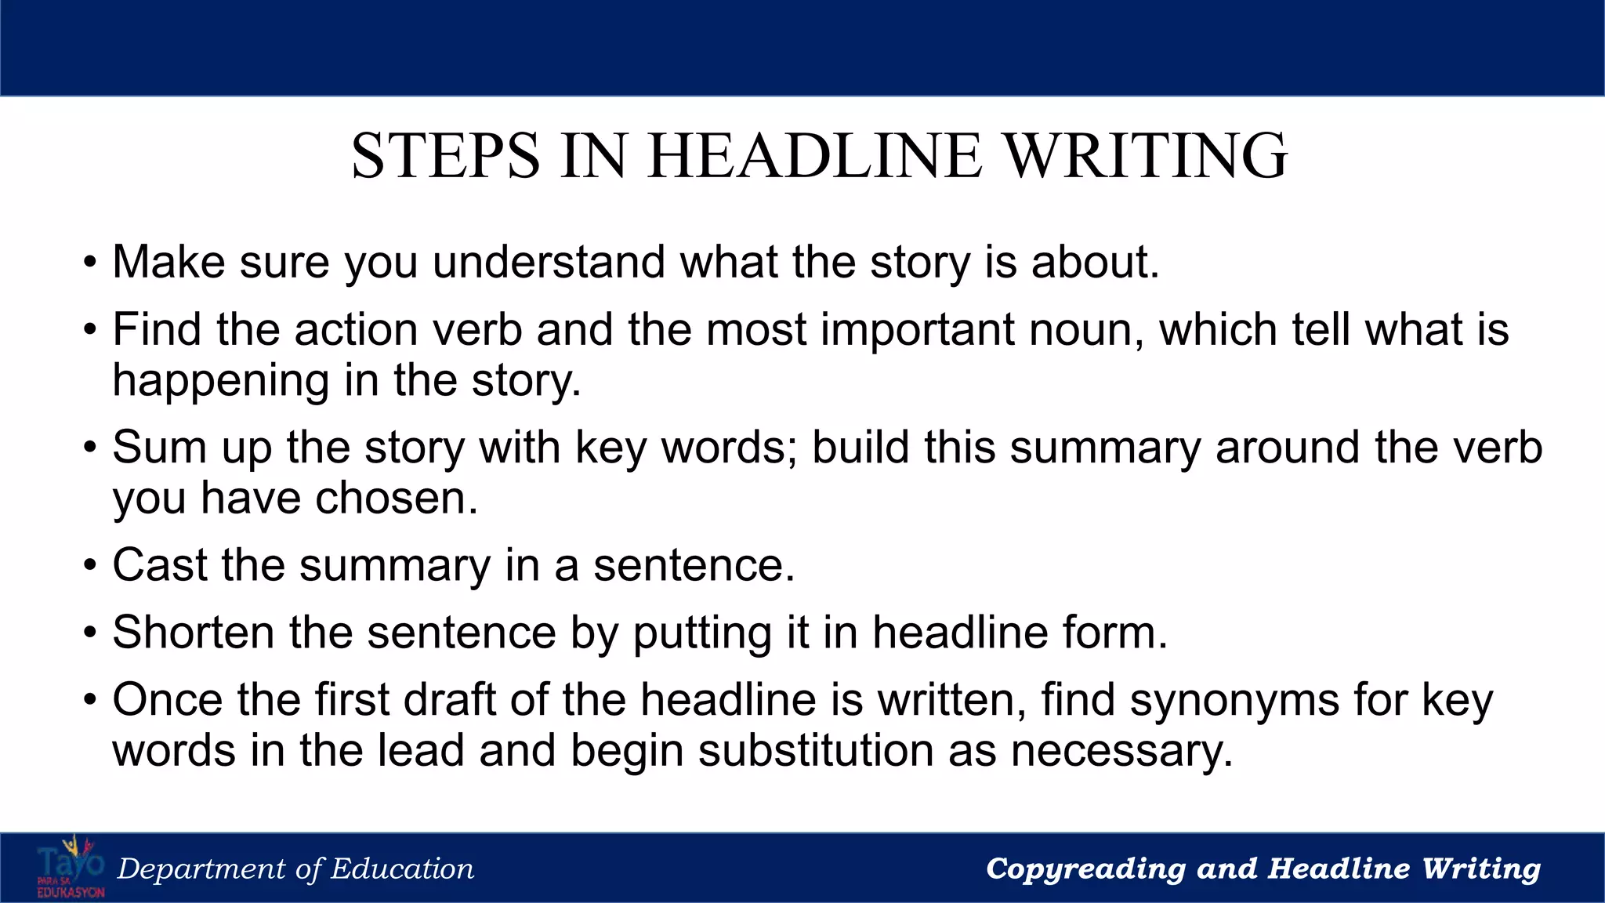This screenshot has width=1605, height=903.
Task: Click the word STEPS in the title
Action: pos(445,155)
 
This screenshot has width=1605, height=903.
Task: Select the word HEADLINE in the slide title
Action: pos(815,155)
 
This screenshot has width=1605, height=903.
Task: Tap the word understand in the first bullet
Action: pos(549,262)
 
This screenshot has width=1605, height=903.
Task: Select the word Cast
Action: pos(159,565)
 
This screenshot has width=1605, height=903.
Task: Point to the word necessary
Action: pos(1121,752)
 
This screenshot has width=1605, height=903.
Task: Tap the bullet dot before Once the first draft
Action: pos(91,702)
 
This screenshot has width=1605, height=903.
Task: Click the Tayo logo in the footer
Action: pos(71,868)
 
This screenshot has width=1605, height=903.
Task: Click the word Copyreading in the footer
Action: pos(1085,869)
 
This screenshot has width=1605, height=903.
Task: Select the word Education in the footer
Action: pos(402,869)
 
